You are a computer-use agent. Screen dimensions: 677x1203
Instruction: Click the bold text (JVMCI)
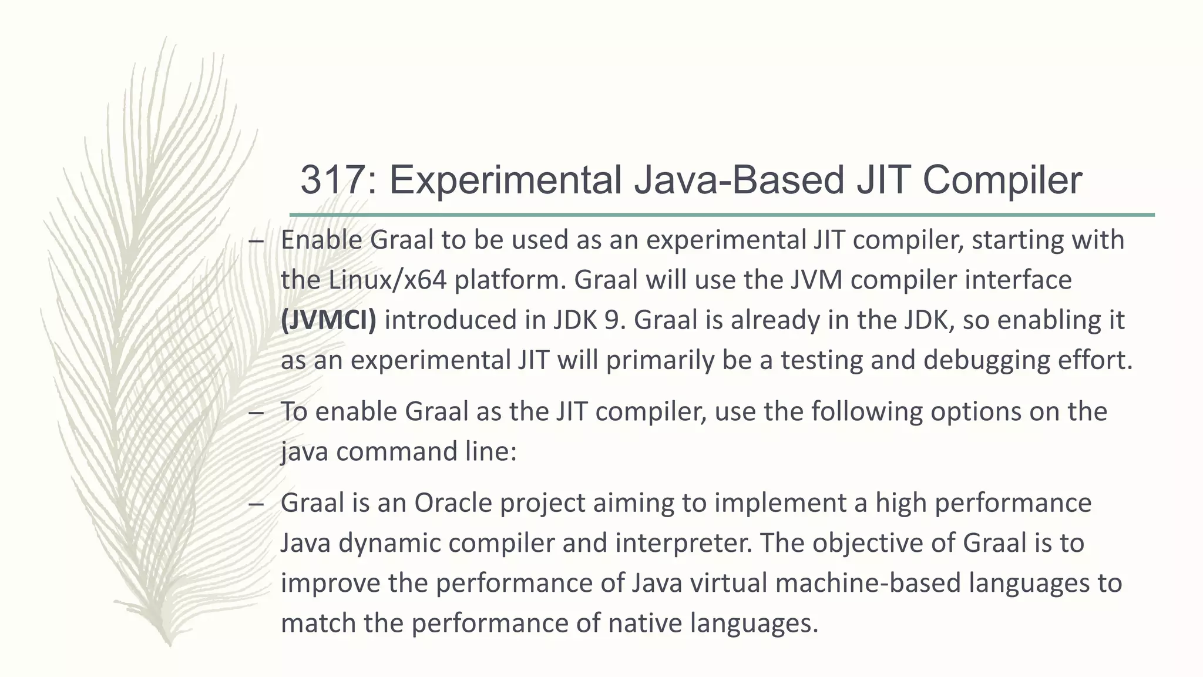(x=328, y=320)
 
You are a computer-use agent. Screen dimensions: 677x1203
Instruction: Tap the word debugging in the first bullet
(x=986, y=360)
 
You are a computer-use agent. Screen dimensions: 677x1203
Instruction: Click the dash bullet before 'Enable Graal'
(x=256, y=241)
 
